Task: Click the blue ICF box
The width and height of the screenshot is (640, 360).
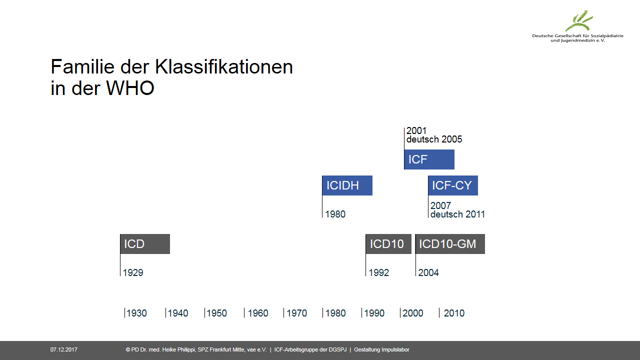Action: coord(429,159)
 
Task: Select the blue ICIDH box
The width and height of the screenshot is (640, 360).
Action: coord(347,185)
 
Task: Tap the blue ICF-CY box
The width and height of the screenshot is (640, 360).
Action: coord(453,185)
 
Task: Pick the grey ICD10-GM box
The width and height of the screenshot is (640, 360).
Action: coord(450,244)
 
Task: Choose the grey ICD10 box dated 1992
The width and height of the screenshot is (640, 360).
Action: coord(388,244)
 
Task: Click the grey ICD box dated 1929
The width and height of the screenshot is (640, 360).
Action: coord(145,244)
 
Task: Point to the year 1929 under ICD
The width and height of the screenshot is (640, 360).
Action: coord(133,272)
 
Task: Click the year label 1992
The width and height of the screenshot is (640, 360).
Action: coord(379,272)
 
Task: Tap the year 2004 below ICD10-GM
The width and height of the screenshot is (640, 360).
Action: coord(428,272)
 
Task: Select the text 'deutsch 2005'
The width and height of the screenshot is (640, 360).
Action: coord(434,139)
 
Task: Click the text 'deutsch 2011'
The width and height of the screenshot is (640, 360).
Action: coord(457,214)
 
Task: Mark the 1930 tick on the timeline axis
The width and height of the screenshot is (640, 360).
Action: coord(124,313)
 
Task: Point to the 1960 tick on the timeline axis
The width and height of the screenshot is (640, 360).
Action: coord(244,313)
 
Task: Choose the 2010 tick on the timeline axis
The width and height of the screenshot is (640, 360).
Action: coord(439,313)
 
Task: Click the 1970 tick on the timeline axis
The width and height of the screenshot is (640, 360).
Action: coord(283,313)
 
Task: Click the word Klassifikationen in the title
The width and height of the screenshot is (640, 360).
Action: coord(224,67)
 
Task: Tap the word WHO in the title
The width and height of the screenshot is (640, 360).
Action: coord(130,88)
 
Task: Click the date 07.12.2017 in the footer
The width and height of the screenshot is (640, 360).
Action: coord(64,349)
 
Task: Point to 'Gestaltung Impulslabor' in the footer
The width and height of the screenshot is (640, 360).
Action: coord(381,349)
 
